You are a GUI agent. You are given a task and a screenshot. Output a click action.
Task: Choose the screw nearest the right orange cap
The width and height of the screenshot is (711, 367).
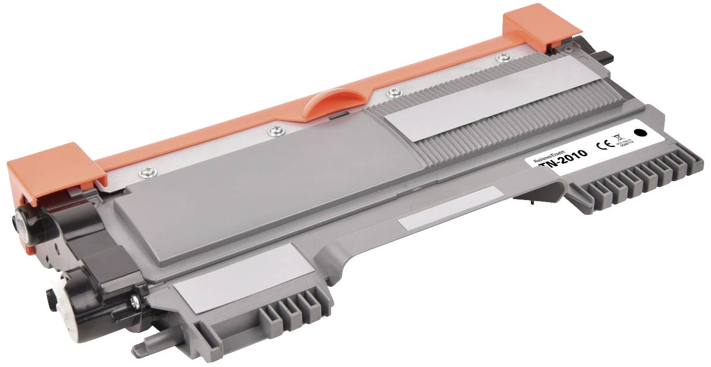(x=500, y=57)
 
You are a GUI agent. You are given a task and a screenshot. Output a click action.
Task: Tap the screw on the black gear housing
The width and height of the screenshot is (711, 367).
(x=134, y=302)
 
